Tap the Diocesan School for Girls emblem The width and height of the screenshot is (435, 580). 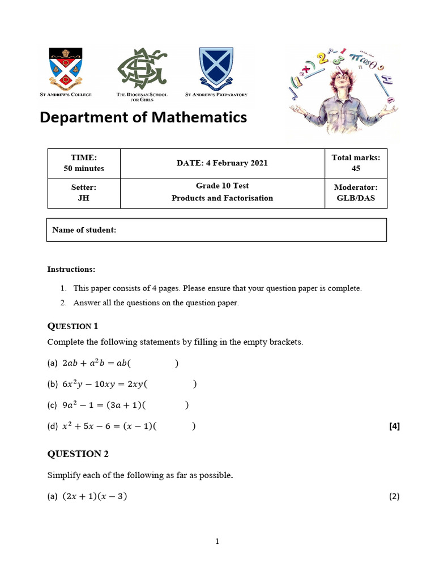142,69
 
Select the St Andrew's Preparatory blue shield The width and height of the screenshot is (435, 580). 216,67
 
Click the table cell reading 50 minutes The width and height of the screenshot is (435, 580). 84,168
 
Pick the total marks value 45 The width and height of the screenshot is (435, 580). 356,168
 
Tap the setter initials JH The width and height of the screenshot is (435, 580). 84,198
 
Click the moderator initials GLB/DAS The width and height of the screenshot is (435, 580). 356,198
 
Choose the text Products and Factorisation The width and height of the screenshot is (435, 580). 222,198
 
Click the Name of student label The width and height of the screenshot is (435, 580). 84,230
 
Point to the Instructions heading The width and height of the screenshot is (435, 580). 71,269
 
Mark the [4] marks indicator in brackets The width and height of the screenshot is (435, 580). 394,427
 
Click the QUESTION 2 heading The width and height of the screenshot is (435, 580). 78,454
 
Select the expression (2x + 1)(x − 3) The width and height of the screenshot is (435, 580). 95,497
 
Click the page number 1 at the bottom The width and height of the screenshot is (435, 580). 217,541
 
